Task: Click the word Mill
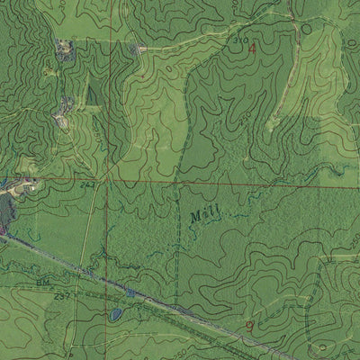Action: [x=204, y=215]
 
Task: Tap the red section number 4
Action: [x=253, y=49]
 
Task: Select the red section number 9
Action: [x=249, y=324]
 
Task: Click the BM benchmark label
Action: [x=42, y=282]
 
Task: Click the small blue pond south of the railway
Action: [x=115, y=314]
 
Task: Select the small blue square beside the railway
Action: [x=130, y=292]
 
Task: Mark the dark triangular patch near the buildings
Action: [x=88, y=95]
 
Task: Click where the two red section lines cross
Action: [x=105, y=179]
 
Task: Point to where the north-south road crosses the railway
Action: [x=85, y=271]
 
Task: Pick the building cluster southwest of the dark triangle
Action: [x=63, y=114]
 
